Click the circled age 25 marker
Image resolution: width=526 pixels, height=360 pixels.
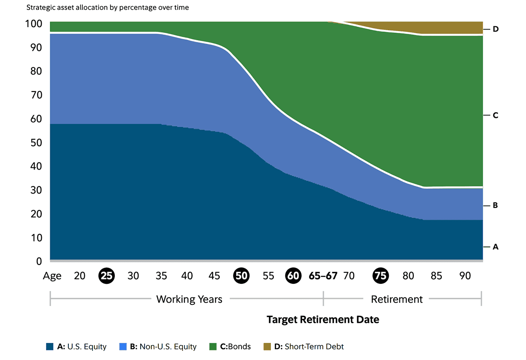[x=107, y=275]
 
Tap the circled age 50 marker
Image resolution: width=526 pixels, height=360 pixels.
[x=242, y=275]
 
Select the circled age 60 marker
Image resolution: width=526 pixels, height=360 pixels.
[x=293, y=275]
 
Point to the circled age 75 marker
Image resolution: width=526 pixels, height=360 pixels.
[x=380, y=275]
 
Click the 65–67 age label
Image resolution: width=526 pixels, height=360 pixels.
[x=323, y=276]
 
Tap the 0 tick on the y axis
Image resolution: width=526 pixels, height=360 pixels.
[x=39, y=261]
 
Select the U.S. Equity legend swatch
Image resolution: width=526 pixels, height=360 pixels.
[x=50, y=347]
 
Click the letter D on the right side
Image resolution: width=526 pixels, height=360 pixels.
[x=496, y=29]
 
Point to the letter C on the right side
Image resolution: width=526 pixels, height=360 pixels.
[x=496, y=115]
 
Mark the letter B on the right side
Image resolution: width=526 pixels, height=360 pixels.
[x=496, y=205]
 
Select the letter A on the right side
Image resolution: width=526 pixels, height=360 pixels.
[x=496, y=247]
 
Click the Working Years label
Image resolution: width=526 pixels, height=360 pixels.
[x=189, y=300]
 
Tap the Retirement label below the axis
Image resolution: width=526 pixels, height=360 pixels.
[x=397, y=300]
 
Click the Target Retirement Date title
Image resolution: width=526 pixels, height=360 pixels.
[x=323, y=320]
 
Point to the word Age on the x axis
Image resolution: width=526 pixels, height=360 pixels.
[x=52, y=276]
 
